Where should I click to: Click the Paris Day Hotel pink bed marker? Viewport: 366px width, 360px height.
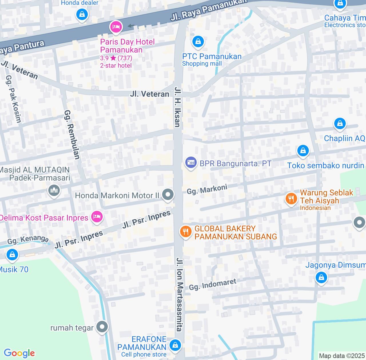(116, 27)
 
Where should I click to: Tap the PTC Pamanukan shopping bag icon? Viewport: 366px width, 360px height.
(198, 42)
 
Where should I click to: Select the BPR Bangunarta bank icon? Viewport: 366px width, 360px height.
(190, 163)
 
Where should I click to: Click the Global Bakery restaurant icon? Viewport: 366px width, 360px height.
(186, 232)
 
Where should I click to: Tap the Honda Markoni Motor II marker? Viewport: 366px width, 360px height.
(168, 195)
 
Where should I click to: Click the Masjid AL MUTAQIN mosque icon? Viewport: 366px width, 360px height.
(54, 190)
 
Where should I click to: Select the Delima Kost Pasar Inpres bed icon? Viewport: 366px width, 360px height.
(97, 217)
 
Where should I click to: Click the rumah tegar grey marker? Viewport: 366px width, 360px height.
(102, 327)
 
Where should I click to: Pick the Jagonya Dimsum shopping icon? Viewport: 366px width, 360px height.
(321, 277)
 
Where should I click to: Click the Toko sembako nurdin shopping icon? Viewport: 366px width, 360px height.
(303, 150)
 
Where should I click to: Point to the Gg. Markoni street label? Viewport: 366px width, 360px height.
(207, 189)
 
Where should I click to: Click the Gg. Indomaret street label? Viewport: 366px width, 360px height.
(213, 284)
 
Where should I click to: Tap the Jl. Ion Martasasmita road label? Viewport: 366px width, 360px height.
(180, 294)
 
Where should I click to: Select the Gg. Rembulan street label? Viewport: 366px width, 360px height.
(72, 134)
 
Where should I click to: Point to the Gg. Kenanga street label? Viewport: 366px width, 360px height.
(28, 240)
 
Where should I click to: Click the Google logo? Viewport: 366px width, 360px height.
(19, 353)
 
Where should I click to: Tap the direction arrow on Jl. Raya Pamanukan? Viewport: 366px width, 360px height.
(131, 26)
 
